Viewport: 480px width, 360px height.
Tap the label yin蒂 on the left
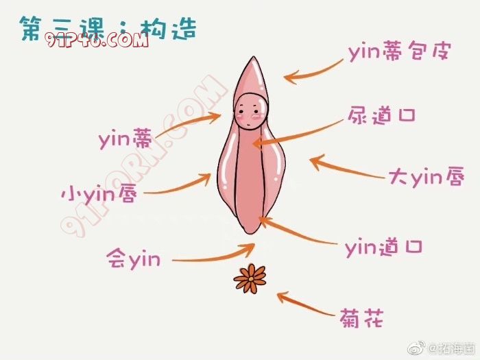coord(125,141)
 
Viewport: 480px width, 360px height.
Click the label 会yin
coord(134,259)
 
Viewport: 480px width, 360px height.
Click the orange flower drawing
coord(250,279)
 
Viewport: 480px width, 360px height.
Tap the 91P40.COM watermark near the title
coord(97,40)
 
